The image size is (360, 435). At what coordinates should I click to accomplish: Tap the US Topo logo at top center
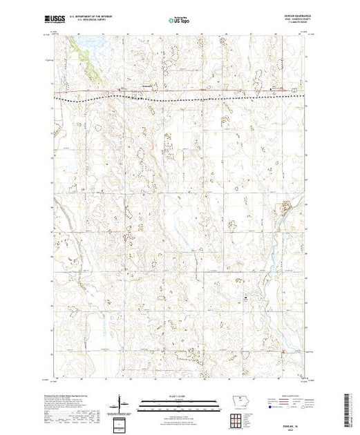click(x=180, y=20)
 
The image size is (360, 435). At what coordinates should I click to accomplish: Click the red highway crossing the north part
click(x=207, y=90)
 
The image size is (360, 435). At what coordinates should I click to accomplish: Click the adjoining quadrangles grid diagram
click(x=239, y=418)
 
